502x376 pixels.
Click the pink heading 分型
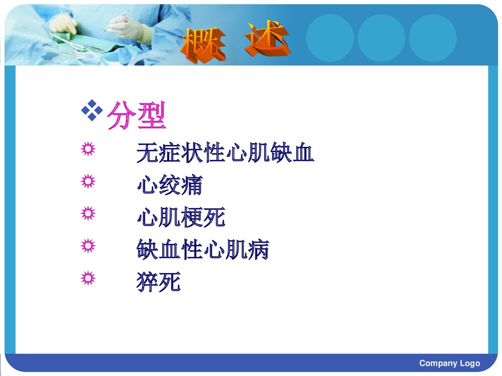pyautogui.click(x=137, y=116)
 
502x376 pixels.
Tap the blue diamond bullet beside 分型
pyautogui.click(x=92, y=110)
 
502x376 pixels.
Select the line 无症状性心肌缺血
pyautogui.click(x=225, y=153)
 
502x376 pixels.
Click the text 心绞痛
pyautogui.click(x=170, y=185)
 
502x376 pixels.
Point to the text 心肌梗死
pyautogui.click(x=181, y=218)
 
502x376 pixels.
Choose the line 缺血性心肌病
pyautogui.click(x=203, y=250)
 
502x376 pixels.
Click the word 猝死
pyautogui.click(x=159, y=282)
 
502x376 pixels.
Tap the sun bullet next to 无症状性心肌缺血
pyautogui.click(x=88, y=149)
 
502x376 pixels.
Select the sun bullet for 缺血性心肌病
pyautogui.click(x=88, y=246)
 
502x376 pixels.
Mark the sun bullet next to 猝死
pyautogui.click(x=88, y=278)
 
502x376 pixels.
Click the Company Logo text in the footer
pyautogui.click(x=449, y=363)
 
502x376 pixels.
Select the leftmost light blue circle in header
pyautogui.click(x=330, y=38)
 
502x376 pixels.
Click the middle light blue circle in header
pyautogui.click(x=381, y=38)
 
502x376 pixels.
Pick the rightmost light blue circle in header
pyautogui.click(x=432, y=38)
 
